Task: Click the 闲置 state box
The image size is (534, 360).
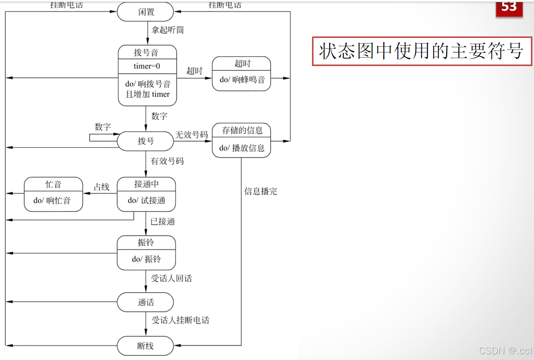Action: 146,12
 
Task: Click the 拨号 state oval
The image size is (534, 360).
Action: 146,141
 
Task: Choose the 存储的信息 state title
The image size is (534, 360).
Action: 242,130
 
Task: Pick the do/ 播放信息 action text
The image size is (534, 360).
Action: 242,148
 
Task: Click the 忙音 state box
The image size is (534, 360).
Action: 54,194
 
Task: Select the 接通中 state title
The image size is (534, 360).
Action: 147,184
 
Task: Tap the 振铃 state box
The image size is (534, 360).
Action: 146,252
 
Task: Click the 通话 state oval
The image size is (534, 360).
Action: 146,302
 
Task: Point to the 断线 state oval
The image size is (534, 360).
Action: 146,346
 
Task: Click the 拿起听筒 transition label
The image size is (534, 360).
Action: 167,30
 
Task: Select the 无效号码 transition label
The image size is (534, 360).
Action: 191,135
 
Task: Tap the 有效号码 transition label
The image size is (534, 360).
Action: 167,161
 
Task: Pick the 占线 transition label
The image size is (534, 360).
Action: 101,187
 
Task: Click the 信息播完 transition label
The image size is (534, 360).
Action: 261,191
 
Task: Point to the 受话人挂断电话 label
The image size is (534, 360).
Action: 180,320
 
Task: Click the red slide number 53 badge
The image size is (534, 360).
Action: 509,8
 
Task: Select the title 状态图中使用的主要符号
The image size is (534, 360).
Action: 421,51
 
